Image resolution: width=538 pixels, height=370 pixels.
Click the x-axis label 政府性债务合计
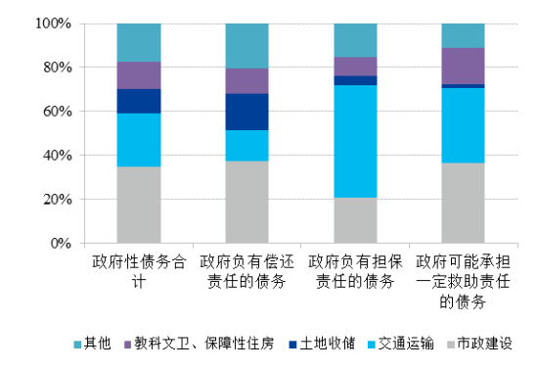point(139,272)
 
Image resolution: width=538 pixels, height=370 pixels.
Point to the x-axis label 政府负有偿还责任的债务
point(247,272)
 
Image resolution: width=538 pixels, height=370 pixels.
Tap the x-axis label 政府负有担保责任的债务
point(355,272)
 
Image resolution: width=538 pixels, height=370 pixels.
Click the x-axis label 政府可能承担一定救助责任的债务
point(463,282)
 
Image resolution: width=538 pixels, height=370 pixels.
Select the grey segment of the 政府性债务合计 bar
point(139,205)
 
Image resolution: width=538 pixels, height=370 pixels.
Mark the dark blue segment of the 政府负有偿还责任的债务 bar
point(247,112)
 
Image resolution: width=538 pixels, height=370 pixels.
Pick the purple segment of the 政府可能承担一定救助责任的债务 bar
point(463,66)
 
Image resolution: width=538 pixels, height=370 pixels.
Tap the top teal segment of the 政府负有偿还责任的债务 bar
point(247,45)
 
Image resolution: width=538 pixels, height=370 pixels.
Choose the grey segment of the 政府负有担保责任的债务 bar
point(355,220)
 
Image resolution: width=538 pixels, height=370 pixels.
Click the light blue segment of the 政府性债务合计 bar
point(139,140)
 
